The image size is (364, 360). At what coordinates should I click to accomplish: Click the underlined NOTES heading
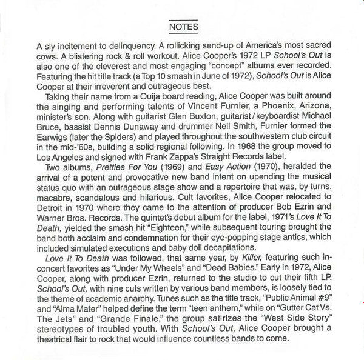click(x=183, y=27)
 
